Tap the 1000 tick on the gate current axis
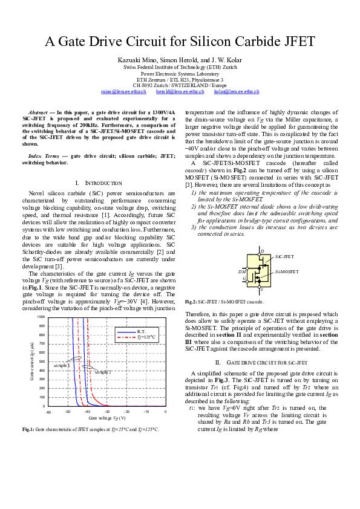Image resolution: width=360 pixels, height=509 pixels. pyautogui.click(x=41, y=317)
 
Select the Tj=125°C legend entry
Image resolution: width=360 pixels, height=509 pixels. pyautogui.click(x=145, y=337)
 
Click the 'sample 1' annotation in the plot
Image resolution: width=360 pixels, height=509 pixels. pyautogui.click(x=62, y=366)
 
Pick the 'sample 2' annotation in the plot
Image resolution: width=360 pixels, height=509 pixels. pyautogui.click(x=102, y=372)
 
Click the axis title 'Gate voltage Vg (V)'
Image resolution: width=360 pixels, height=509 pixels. pyautogui.click(x=107, y=418)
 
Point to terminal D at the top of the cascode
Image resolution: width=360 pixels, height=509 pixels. pyautogui.click(x=261, y=250)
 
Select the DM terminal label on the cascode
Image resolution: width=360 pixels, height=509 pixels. pyautogui.click(x=242, y=272)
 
